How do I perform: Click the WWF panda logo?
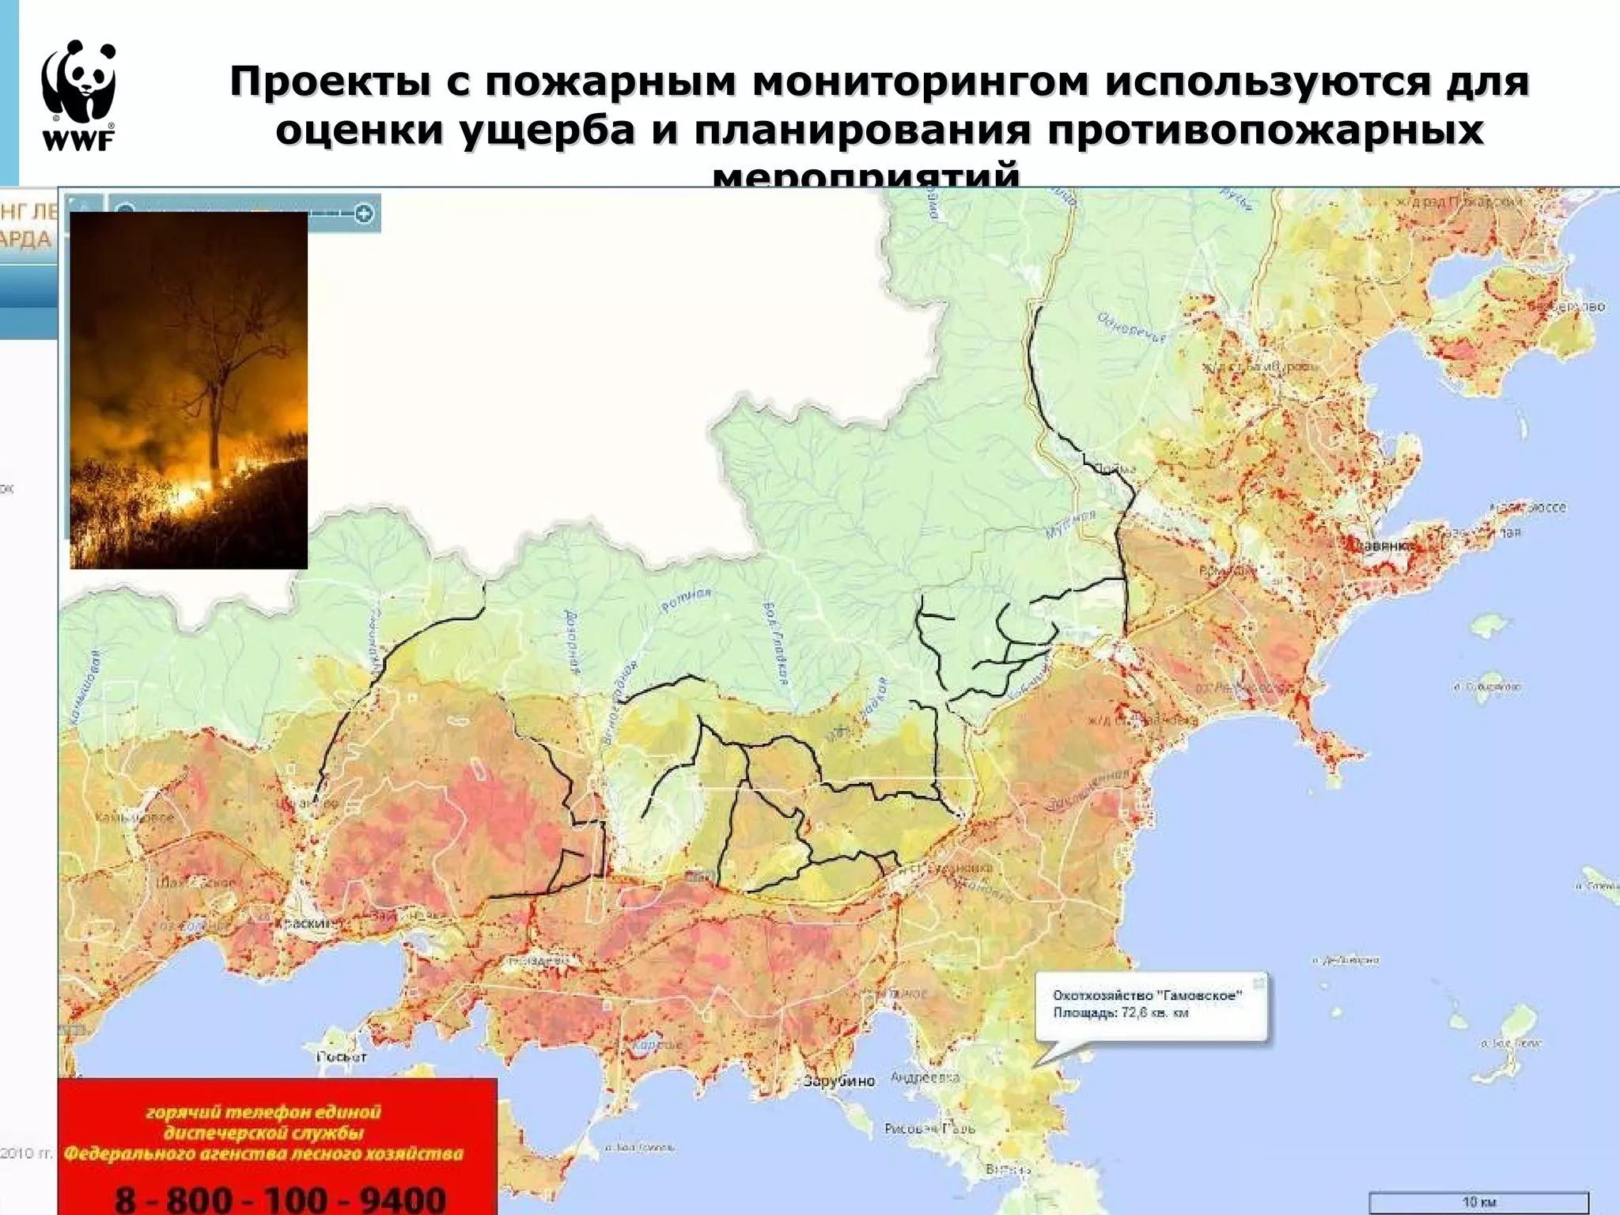[79, 82]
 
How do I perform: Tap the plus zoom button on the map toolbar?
[364, 213]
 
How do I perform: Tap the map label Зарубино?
[838, 1081]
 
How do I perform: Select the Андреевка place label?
[925, 1077]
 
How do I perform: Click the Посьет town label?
[342, 1056]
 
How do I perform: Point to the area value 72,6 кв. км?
[1155, 1012]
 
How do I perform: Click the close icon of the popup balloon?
[1259, 982]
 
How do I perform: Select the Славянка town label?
[1383, 545]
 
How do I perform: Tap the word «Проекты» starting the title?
[330, 81]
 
